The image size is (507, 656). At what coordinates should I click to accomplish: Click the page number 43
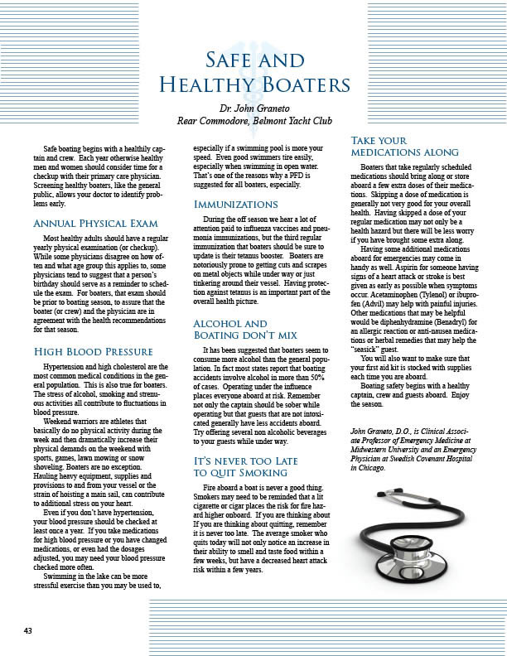coord(28,630)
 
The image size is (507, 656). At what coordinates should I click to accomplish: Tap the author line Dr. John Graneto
coord(254,107)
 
